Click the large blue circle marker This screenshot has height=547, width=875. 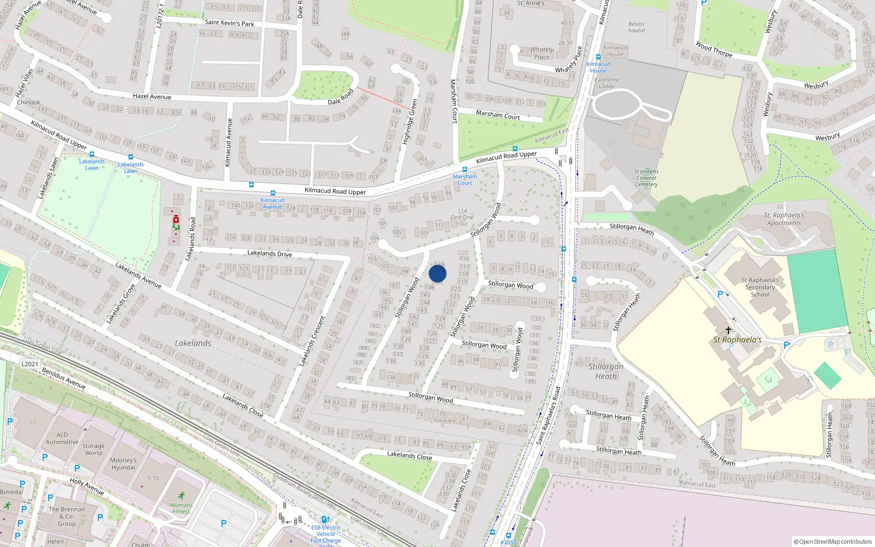437,273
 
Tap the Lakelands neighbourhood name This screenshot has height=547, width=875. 192,344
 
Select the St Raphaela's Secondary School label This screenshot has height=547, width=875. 760,287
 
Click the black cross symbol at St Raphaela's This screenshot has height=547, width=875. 728,330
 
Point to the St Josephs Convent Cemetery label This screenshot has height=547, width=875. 646,178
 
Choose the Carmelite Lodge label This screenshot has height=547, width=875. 606,83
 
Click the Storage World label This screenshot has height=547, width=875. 93,450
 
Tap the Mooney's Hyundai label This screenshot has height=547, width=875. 123,464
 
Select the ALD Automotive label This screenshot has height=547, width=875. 62,439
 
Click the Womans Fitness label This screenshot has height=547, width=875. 181,509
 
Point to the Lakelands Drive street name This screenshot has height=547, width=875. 270,253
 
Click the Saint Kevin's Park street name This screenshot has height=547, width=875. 229,24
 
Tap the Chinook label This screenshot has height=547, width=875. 28,102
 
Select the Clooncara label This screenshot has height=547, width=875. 442,421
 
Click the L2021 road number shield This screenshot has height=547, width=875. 30,364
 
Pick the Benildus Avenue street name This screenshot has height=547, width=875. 64,378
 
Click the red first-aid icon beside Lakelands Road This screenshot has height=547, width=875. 176,219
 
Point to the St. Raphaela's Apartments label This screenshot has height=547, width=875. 784,219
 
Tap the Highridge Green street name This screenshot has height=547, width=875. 410,121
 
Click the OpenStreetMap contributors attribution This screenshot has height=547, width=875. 833,542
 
